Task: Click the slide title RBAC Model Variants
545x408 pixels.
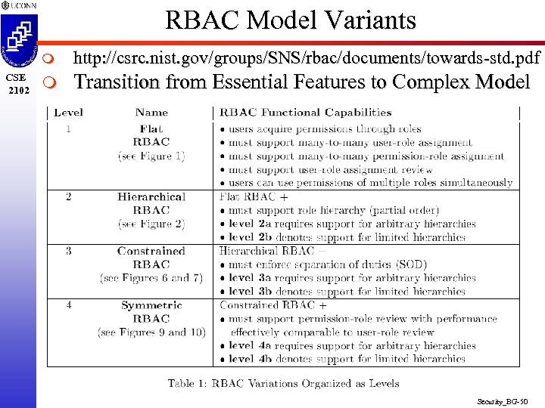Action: point(291,20)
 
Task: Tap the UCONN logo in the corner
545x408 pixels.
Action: point(19,5)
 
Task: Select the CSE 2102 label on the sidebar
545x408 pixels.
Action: point(17,83)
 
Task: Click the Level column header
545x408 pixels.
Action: point(69,113)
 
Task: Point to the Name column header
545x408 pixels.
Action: point(151,113)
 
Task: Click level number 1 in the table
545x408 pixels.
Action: point(69,128)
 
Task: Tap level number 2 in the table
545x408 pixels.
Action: point(69,196)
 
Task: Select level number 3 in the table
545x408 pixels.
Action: point(69,251)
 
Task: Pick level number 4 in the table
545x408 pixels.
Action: point(69,305)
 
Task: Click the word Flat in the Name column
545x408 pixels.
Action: point(151,128)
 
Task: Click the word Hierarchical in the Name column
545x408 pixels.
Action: point(151,196)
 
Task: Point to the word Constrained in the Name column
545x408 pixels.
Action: point(151,251)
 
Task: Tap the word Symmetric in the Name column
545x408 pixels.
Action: point(151,305)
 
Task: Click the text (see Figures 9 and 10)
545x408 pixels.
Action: point(151,332)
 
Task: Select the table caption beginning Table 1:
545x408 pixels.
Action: point(283,383)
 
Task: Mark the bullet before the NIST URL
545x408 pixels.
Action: point(49,57)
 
